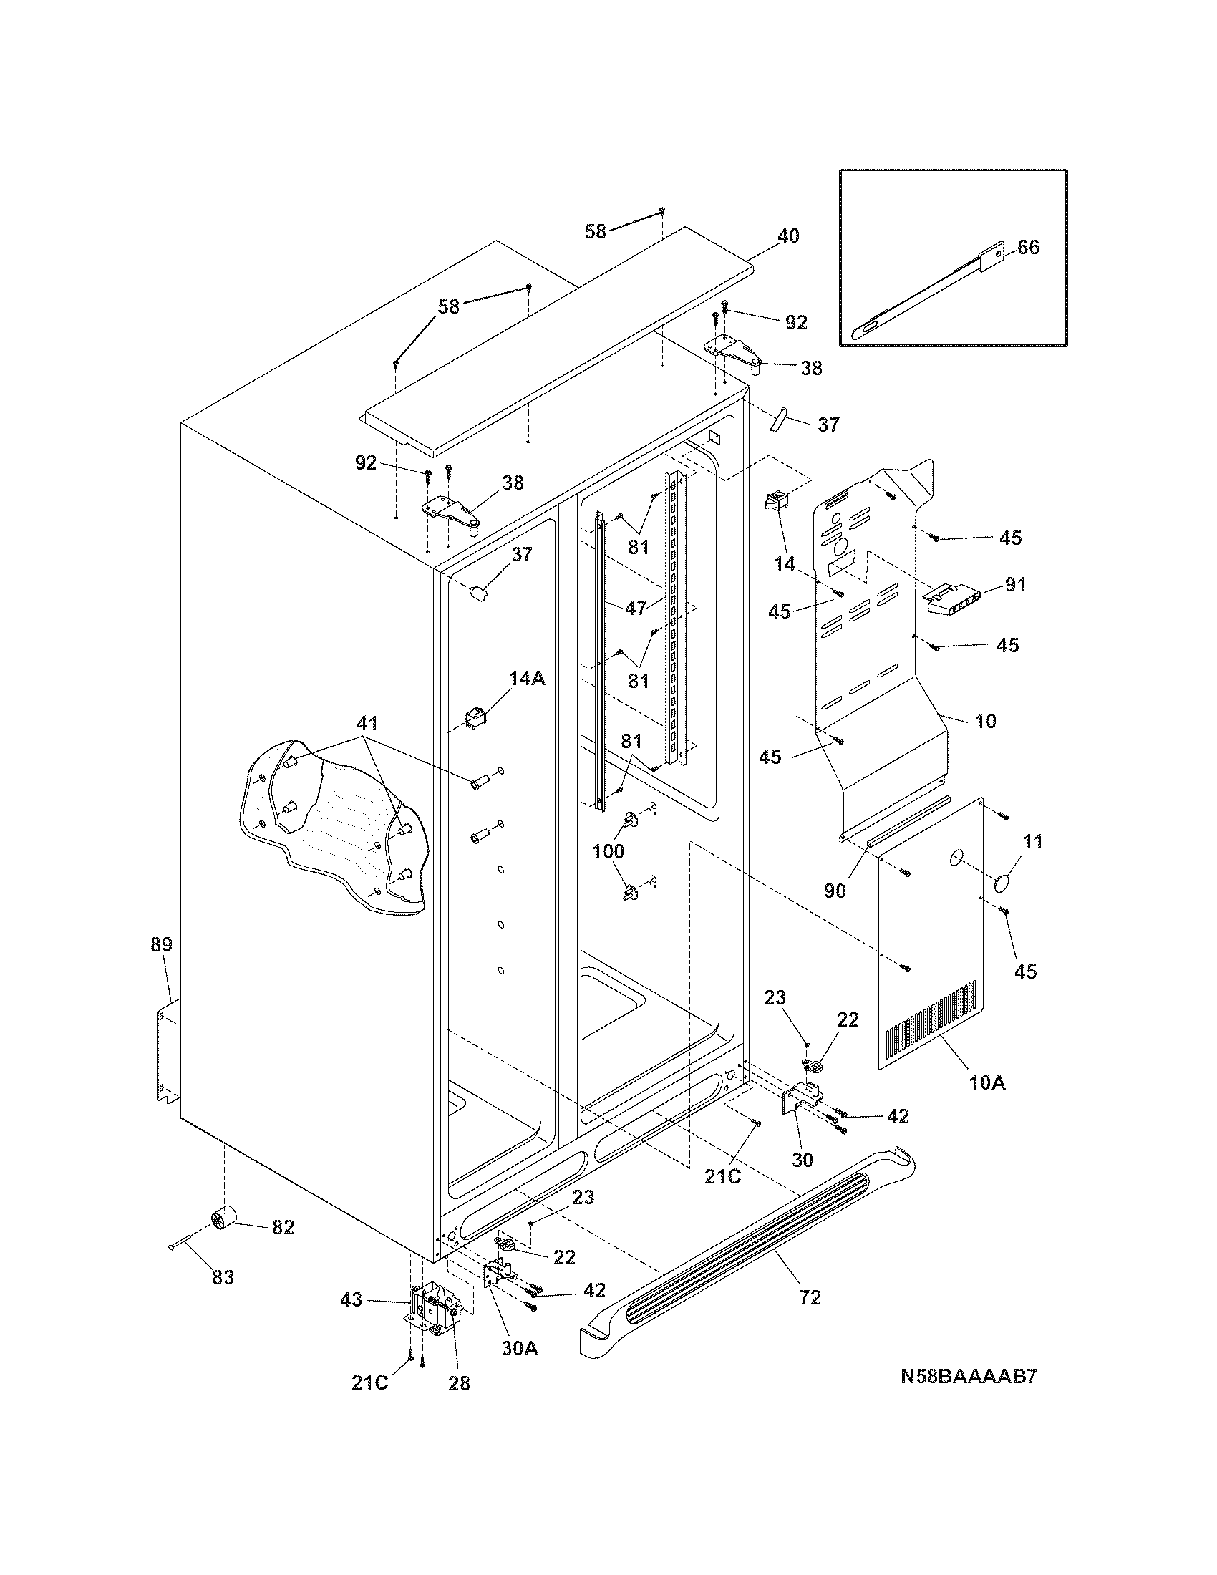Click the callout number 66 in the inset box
pyautogui.click(x=1028, y=248)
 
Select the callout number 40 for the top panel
pyautogui.click(x=788, y=236)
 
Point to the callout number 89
pyautogui.click(x=162, y=945)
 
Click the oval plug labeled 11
pyautogui.click(x=1004, y=883)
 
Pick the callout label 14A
pyautogui.click(x=527, y=679)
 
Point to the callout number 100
pyautogui.click(x=608, y=851)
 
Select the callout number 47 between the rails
pyautogui.click(x=635, y=608)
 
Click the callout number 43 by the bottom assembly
pyautogui.click(x=351, y=1300)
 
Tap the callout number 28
pyautogui.click(x=459, y=1383)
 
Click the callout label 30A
pyautogui.click(x=519, y=1348)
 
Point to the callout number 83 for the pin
pyautogui.click(x=223, y=1278)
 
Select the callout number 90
pyautogui.click(x=834, y=891)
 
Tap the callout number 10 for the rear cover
pyautogui.click(x=986, y=720)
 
